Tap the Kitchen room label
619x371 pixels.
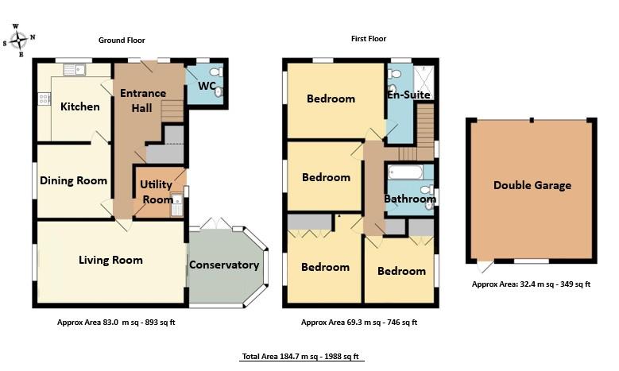pos(80,106)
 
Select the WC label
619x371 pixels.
pos(207,85)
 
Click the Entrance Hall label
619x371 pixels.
pos(143,100)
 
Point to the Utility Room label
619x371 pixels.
pos(156,191)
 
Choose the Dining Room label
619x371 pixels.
pos(73,180)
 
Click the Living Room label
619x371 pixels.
pos(110,260)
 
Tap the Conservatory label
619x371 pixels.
pos(224,265)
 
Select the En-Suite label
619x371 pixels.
pos(408,95)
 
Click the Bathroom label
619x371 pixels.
pos(410,199)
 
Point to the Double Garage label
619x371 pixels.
pos(532,185)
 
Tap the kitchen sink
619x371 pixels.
pos(75,70)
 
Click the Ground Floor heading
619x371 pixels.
pos(122,40)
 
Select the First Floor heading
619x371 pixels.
pos(369,38)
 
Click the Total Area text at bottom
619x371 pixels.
pos(302,357)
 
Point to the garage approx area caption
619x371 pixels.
pos(531,284)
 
